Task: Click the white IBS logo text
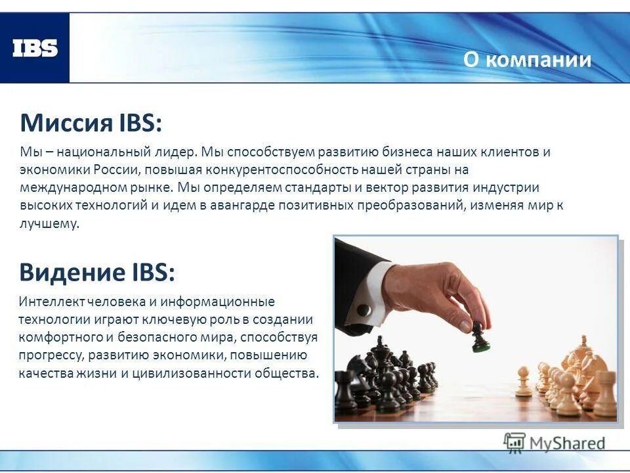(x=35, y=48)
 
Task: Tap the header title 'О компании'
(x=527, y=60)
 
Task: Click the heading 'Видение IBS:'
(x=97, y=271)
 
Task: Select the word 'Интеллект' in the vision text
(x=51, y=302)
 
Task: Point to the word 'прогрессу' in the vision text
(x=49, y=356)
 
